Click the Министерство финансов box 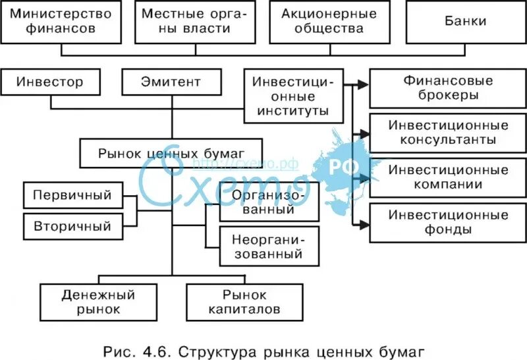point(61,22)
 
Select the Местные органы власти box point(196,22)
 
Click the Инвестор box point(51,82)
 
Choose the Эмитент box point(171,82)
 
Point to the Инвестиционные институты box point(293,96)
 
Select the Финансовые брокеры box point(448,88)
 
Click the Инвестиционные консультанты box point(448,133)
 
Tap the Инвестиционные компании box point(448,177)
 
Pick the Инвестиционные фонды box point(448,222)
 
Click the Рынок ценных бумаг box point(171,153)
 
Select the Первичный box point(73,196)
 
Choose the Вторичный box point(73,227)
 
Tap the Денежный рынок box point(99,301)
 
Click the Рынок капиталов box point(244,301)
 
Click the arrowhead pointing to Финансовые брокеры point(363,84)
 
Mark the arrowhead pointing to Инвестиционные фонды point(363,225)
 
